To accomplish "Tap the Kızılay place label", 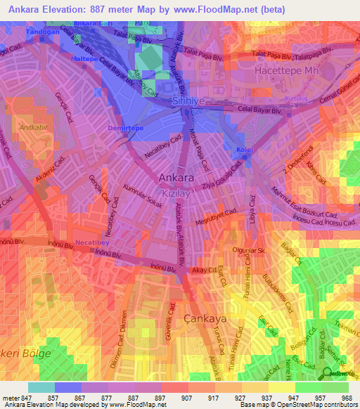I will [173, 191].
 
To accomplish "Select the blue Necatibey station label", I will [91, 239].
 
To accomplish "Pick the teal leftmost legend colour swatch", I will [41, 387].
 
